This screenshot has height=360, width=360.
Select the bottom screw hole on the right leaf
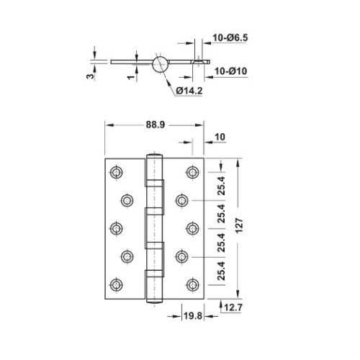tap(192, 283)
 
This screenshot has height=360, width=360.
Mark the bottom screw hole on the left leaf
tap(116, 283)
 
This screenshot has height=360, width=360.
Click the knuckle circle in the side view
tap(161, 63)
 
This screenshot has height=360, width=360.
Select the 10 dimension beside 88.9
tap(220, 135)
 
